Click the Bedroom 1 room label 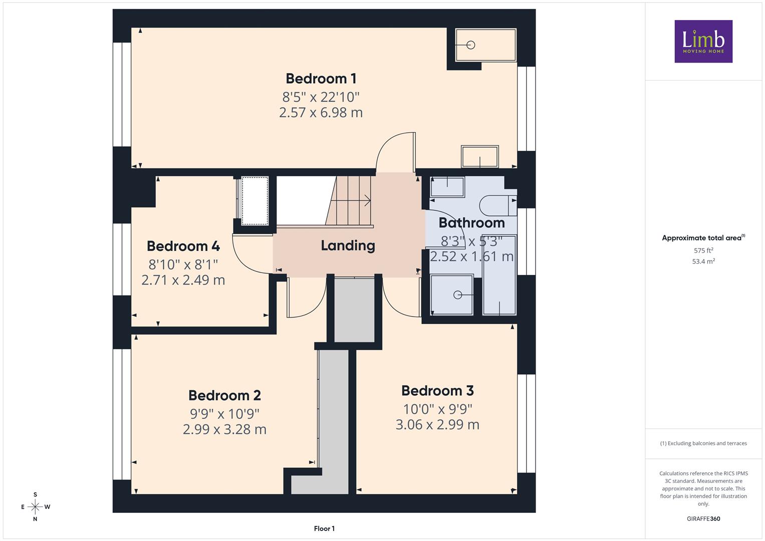click(321, 79)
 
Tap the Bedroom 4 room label click(183, 246)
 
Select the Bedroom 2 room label click(225, 396)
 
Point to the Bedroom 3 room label click(437, 391)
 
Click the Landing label click(348, 246)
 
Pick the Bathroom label click(471, 223)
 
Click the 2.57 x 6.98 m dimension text click(321, 112)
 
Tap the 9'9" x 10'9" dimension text click(225, 414)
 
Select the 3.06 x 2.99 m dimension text click(437, 425)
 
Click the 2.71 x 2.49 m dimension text click(183, 280)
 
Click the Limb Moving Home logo click(703, 41)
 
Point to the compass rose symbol click(35, 507)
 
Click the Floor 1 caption click(325, 528)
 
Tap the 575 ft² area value click(703, 250)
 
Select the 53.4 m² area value click(703, 261)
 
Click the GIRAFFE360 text click(703, 519)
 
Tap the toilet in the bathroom click(498, 205)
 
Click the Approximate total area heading click(703, 238)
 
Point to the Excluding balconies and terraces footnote click(703, 443)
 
